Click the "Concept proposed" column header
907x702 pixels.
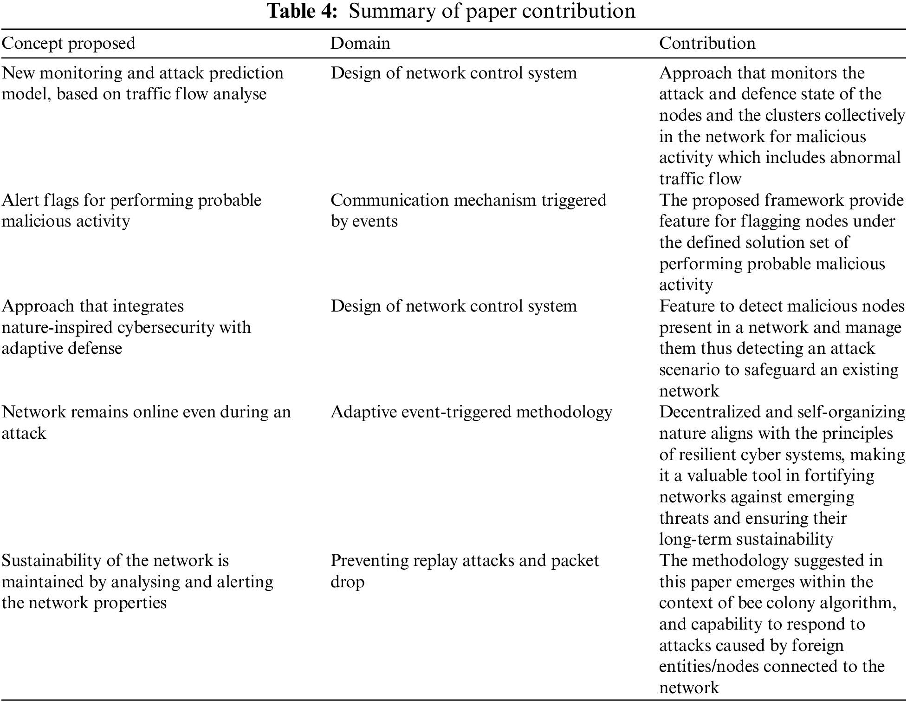click(x=68, y=43)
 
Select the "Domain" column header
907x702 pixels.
click(x=360, y=43)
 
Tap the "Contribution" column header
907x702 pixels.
click(x=707, y=43)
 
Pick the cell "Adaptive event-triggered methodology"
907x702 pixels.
click(x=471, y=412)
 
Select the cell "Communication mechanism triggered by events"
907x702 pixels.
click(x=468, y=210)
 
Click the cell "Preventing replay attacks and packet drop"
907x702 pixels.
click(x=464, y=571)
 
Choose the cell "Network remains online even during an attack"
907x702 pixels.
click(x=146, y=422)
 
